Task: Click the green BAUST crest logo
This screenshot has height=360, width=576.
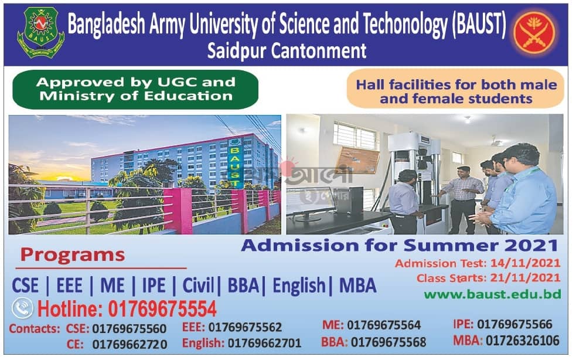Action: pyautogui.click(x=41, y=32)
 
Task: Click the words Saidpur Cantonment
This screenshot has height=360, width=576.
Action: pyautogui.click(x=287, y=51)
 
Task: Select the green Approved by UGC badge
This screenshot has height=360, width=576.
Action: pyautogui.click(x=135, y=89)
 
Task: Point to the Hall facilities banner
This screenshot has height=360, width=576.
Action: pyautogui.click(x=455, y=89)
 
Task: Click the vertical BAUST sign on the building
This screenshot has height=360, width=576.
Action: pyautogui.click(x=234, y=162)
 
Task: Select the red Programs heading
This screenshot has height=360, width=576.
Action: pyautogui.click(x=73, y=255)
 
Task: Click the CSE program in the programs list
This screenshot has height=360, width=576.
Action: pyautogui.click(x=25, y=286)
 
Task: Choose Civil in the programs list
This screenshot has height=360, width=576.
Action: pyautogui.click(x=198, y=286)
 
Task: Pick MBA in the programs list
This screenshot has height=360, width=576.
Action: pyautogui.click(x=358, y=286)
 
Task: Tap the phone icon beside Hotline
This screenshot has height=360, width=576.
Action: pyautogui.click(x=22, y=308)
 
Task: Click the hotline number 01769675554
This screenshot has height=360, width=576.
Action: pyautogui.click(x=162, y=309)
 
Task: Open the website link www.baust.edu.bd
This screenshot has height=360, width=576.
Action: pyautogui.click(x=493, y=294)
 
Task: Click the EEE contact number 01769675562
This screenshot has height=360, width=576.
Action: pyautogui.click(x=245, y=327)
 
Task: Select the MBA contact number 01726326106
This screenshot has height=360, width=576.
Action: pyautogui.click(x=522, y=341)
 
